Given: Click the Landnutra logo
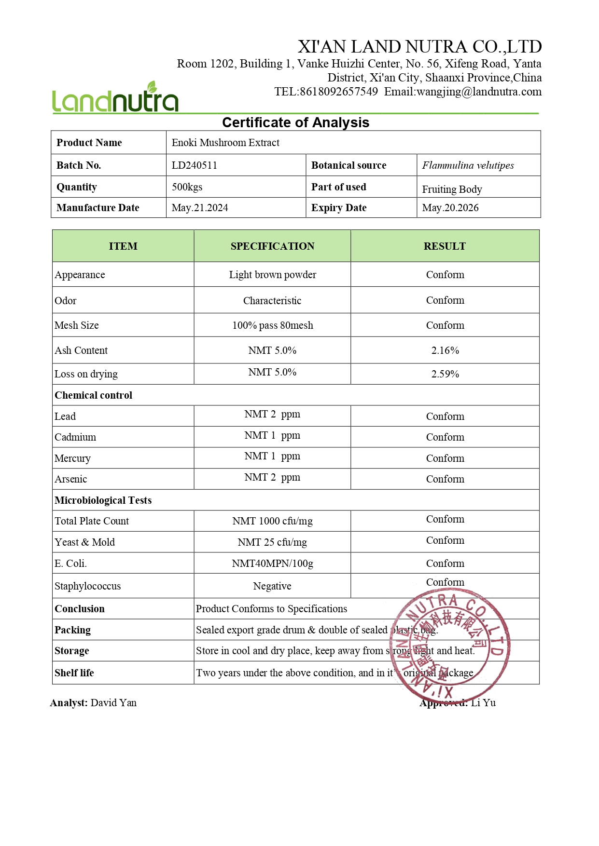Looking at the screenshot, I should coord(115,98).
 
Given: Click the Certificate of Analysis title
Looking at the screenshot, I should coord(295,122).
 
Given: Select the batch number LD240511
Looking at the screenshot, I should coord(195,165).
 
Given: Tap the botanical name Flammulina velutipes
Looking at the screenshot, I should coord(468,165).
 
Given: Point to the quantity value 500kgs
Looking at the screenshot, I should coord(187,187).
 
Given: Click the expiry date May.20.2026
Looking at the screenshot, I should coord(450,208).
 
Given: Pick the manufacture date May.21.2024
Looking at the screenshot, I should coord(200,208).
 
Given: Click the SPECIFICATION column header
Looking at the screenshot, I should coord(272,246).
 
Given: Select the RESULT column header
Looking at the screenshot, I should coord(445,246).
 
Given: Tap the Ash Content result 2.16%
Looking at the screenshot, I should coord(445,350).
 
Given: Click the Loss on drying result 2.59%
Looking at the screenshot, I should coord(445,374).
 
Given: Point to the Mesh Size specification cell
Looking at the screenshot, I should coord(272,325).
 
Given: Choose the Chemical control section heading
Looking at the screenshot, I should coord(94,395).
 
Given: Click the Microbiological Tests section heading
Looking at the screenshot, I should coord(103,500).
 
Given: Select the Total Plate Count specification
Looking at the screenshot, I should coord(272,521).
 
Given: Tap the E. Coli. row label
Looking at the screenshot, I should coord(71,564).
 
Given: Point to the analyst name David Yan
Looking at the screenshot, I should coord(113,703).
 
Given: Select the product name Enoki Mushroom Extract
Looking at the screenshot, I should coord(225,143).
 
